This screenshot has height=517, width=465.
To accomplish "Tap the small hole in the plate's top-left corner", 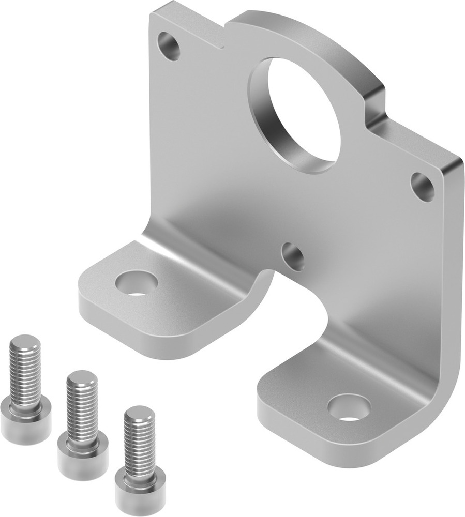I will coord(169,45).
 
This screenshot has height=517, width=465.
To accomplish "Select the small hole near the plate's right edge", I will coord(423,187).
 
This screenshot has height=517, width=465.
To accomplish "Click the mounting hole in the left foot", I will coord(137,284).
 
